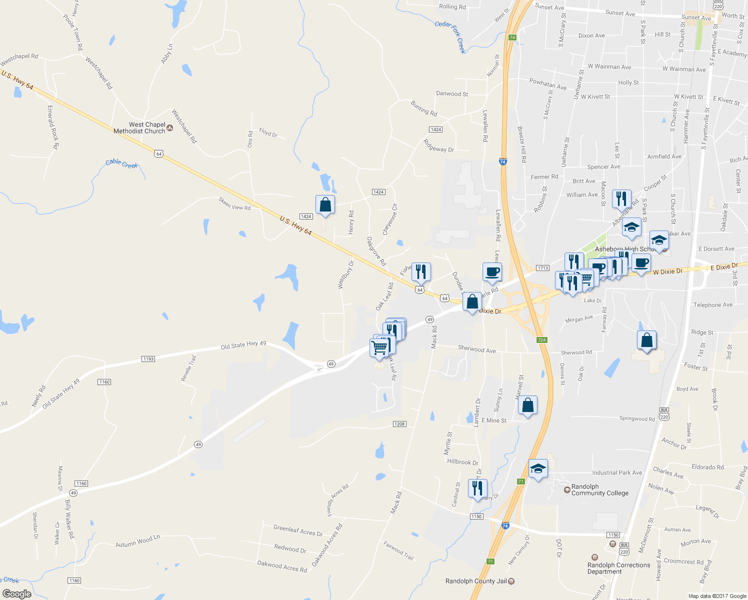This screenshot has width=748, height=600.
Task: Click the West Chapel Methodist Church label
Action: tap(139, 128)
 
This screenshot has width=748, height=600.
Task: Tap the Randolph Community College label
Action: tap(599, 490)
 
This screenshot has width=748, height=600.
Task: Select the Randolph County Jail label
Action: tap(476, 581)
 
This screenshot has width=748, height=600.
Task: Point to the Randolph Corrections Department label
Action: tap(618, 568)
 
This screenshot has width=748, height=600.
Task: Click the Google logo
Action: tap(16, 593)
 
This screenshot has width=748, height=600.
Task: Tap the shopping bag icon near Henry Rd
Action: tap(325, 204)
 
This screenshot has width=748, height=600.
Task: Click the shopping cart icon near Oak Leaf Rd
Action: tap(379, 347)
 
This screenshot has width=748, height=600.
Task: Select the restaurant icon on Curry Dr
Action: tap(477, 487)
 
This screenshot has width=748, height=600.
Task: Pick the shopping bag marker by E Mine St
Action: tap(527, 405)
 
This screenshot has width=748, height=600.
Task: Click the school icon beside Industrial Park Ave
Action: tap(538, 468)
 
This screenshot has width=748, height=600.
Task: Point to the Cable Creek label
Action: tap(121, 163)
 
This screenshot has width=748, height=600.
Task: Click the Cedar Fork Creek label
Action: tap(450, 37)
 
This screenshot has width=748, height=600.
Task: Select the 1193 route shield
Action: tap(148, 359)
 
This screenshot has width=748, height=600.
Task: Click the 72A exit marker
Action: tap(542, 340)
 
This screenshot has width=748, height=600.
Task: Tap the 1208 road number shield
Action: tap(399, 424)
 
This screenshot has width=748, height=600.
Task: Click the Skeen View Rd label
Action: tap(234, 203)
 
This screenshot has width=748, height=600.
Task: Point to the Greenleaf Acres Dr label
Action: tap(297, 530)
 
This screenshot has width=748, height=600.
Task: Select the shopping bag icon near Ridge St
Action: tap(646, 340)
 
